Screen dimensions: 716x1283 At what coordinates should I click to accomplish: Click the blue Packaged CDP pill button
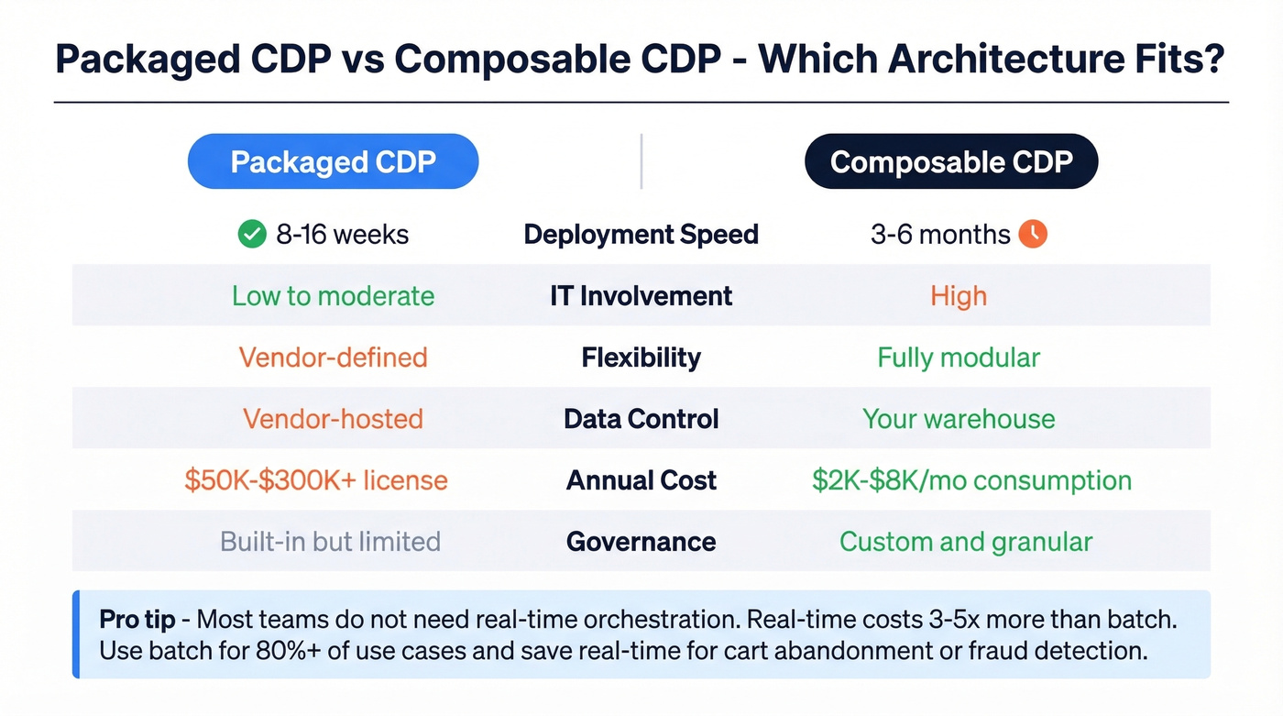tap(333, 162)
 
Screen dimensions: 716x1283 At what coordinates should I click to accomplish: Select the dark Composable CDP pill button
tap(950, 162)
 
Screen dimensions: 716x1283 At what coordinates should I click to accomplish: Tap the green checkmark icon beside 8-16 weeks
tap(251, 235)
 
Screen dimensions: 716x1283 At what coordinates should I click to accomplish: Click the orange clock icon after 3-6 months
tap(1033, 235)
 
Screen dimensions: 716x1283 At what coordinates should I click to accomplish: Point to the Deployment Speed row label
tap(641, 235)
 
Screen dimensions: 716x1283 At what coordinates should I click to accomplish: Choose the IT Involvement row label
tap(641, 296)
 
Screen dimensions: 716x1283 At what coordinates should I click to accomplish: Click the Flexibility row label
tap(641, 358)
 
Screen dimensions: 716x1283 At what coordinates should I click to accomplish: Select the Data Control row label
tap(641, 419)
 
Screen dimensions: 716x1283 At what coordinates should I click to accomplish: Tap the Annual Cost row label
tap(641, 480)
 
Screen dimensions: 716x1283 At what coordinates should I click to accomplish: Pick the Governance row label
tap(641, 542)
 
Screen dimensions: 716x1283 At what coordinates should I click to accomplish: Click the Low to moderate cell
tap(333, 296)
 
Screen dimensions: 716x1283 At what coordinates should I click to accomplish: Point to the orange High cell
tap(959, 296)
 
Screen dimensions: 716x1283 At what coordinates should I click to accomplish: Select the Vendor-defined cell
tap(333, 358)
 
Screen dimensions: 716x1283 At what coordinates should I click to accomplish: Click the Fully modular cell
tap(959, 358)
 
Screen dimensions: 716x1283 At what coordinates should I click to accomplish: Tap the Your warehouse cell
tap(959, 419)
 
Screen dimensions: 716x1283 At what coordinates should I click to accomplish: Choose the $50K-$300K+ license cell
tap(315, 480)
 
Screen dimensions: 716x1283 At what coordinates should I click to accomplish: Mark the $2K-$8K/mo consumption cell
tap(971, 480)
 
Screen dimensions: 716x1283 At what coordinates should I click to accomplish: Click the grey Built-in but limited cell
tap(330, 542)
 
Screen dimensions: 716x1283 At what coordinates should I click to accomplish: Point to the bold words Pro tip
tap(137, 619)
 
